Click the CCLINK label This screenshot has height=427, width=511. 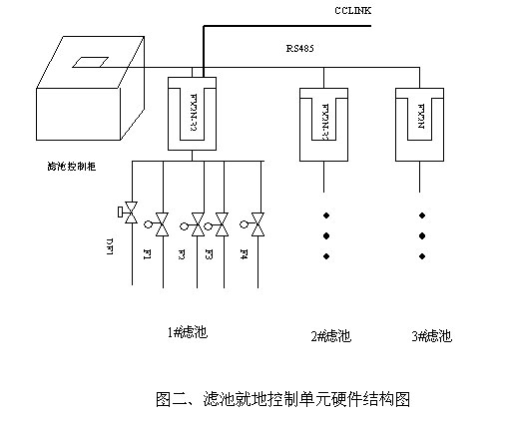coord(352,10)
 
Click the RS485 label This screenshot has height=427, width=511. coord(300,47)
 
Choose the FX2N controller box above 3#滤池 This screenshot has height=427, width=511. coord(420,123)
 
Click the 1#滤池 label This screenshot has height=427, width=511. coord(188,331)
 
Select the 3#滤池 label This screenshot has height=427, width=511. coord(431,335)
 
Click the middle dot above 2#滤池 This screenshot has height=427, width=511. coord(325,235)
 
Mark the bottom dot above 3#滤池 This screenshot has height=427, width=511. coord(422,256)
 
